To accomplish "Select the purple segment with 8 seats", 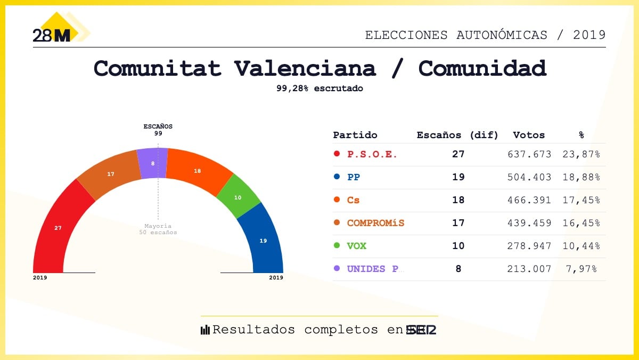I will (x=152, y=163).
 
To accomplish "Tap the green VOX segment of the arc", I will (x=238, y=197).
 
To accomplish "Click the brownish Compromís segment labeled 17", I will (x=111, y=174).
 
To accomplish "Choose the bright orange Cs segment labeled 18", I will (x=198, y=171).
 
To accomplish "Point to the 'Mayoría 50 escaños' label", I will (x=158, y=229).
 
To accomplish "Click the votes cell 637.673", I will (x=529, y=155).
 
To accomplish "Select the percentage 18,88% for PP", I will (x=581, y=178).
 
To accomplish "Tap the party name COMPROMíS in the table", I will (x=375, y=223).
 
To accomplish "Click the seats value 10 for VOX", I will (x=458, y=246).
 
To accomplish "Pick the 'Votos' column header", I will (x=529, y=135).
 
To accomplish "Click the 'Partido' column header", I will (x=355, y=135).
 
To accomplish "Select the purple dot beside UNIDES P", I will (x=337, y=269).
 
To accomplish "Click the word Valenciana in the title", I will (x=305, y=69).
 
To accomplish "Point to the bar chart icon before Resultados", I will (x=205, y=330).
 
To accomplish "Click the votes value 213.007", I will (x=529, y=269).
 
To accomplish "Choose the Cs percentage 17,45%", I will (x=581, y=201).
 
